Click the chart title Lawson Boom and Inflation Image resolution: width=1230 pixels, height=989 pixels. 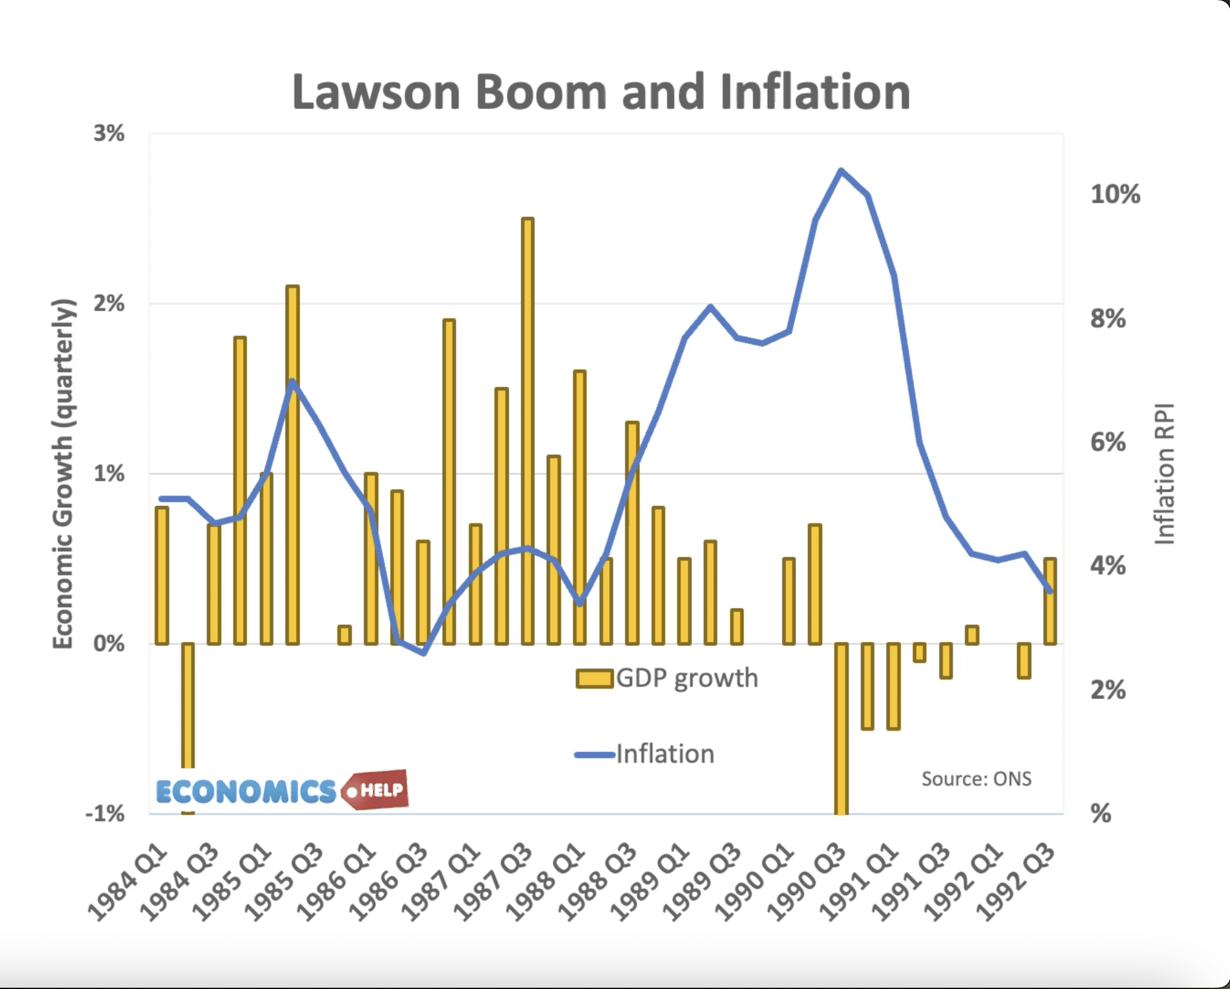601,93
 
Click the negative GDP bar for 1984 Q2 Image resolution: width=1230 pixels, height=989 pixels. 188,706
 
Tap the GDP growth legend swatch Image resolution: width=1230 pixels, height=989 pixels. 594,678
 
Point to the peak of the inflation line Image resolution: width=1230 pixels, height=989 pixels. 841,171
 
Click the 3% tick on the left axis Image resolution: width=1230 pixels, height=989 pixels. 109,133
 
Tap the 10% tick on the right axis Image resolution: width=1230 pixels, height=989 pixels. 1115,195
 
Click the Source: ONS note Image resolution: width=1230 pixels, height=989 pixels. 976,779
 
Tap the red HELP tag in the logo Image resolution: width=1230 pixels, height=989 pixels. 378,790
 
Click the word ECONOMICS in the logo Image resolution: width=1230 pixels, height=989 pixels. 246,792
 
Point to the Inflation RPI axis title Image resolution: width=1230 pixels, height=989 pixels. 1164,474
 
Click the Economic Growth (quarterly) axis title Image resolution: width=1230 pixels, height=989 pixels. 63,474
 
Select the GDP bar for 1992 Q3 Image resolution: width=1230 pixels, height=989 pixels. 1050,601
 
